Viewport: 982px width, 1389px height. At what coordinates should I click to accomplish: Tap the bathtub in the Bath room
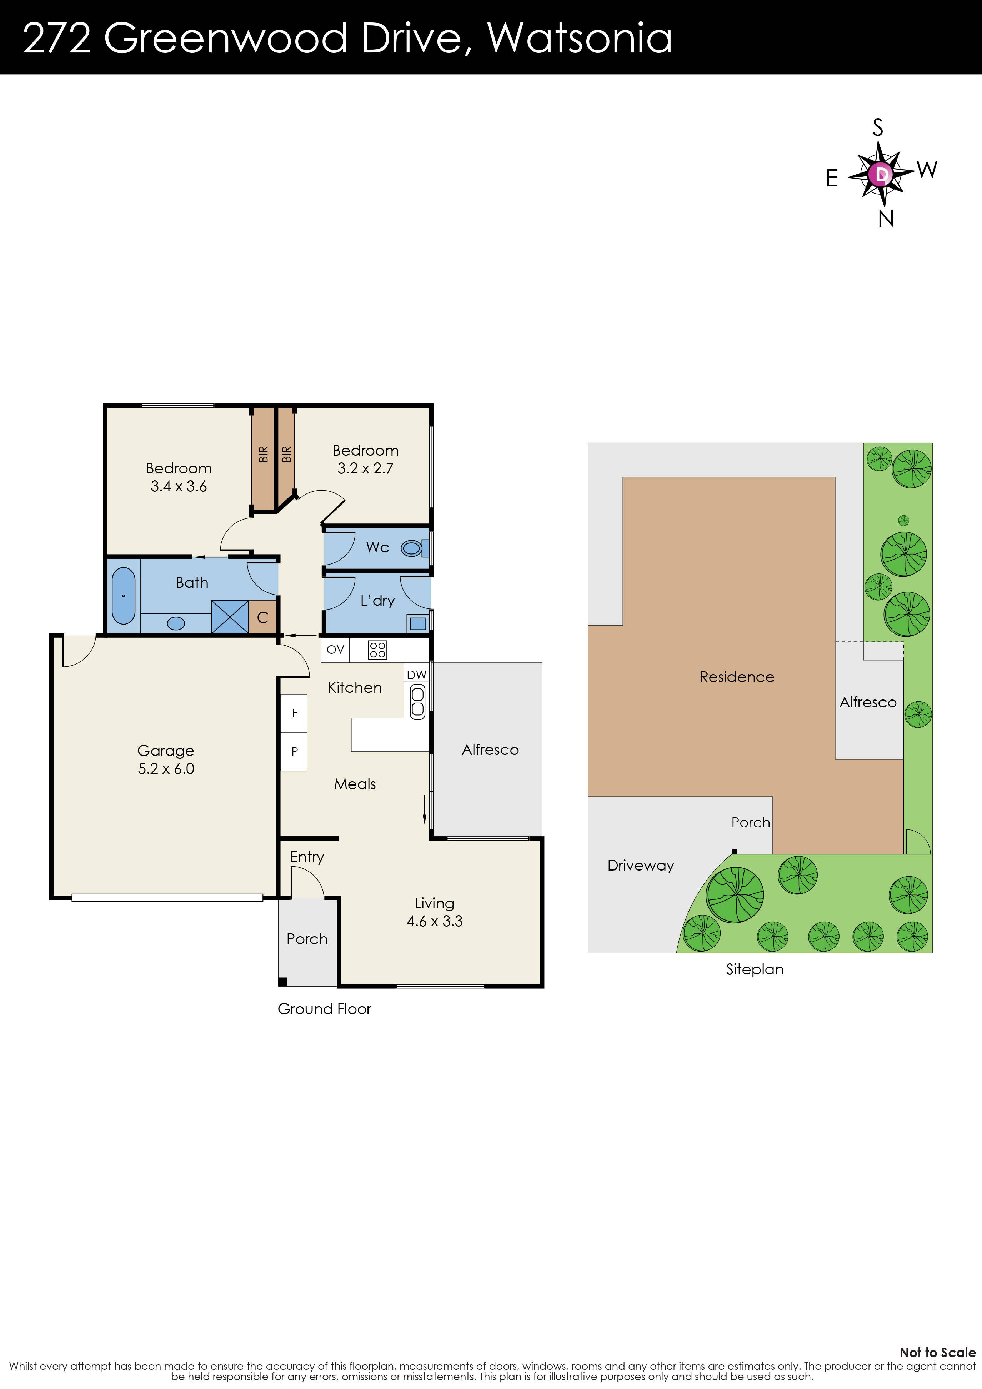pyautogui.click(x=124, y=595)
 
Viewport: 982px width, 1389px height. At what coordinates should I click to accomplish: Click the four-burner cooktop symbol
pyautogui.click(x=377, y=650)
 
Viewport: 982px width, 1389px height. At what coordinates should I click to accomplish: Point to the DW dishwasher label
pyautogui.click(x=416, y=675)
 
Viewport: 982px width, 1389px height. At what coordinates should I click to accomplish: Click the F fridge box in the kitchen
pyautogui.click(x=295, y=713)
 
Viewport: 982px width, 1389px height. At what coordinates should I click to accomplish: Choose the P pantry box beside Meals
pyautogui.click(x=295, y=751)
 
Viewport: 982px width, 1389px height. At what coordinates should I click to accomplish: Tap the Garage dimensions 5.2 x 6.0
pyautogui.click(x=166, y=768)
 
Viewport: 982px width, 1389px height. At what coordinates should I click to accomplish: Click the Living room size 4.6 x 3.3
pyautogui.click(x=435, y=921)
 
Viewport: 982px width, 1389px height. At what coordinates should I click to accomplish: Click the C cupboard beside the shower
pyautogui.click(x=262, y=617)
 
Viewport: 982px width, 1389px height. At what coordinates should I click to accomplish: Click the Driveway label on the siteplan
pyautogui.click(x=640, y=865)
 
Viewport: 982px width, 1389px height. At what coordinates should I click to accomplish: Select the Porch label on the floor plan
pyautogui.click(x=307, y=938)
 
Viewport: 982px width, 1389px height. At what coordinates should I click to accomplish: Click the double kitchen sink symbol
pyautogui.click(x=417, y=702)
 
